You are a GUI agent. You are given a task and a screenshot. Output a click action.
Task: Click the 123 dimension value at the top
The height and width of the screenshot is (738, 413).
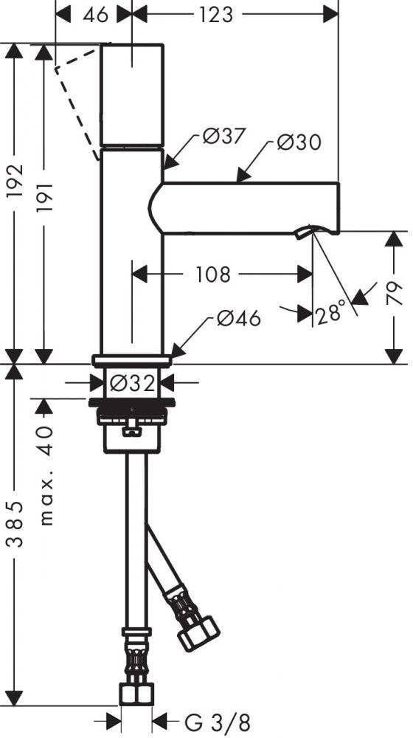(x=215, y=15)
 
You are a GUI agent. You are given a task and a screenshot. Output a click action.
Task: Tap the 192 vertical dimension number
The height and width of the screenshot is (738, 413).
(x=15, y=182)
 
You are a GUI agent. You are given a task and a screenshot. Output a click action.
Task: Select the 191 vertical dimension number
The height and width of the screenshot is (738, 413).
(x=44, y=197)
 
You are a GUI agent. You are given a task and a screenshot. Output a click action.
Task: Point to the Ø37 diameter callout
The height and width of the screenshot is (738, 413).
(x=224, y=137)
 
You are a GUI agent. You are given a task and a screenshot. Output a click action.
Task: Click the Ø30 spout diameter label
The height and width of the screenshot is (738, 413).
(x=299, y=142)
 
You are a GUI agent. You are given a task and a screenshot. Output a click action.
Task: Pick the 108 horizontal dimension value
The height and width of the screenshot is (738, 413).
(x=212, y=274)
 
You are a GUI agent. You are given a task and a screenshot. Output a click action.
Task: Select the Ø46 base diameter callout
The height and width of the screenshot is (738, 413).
(x=238, y=319)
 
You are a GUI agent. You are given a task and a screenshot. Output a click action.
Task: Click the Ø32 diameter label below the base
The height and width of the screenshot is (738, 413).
(x=132, y=384)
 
